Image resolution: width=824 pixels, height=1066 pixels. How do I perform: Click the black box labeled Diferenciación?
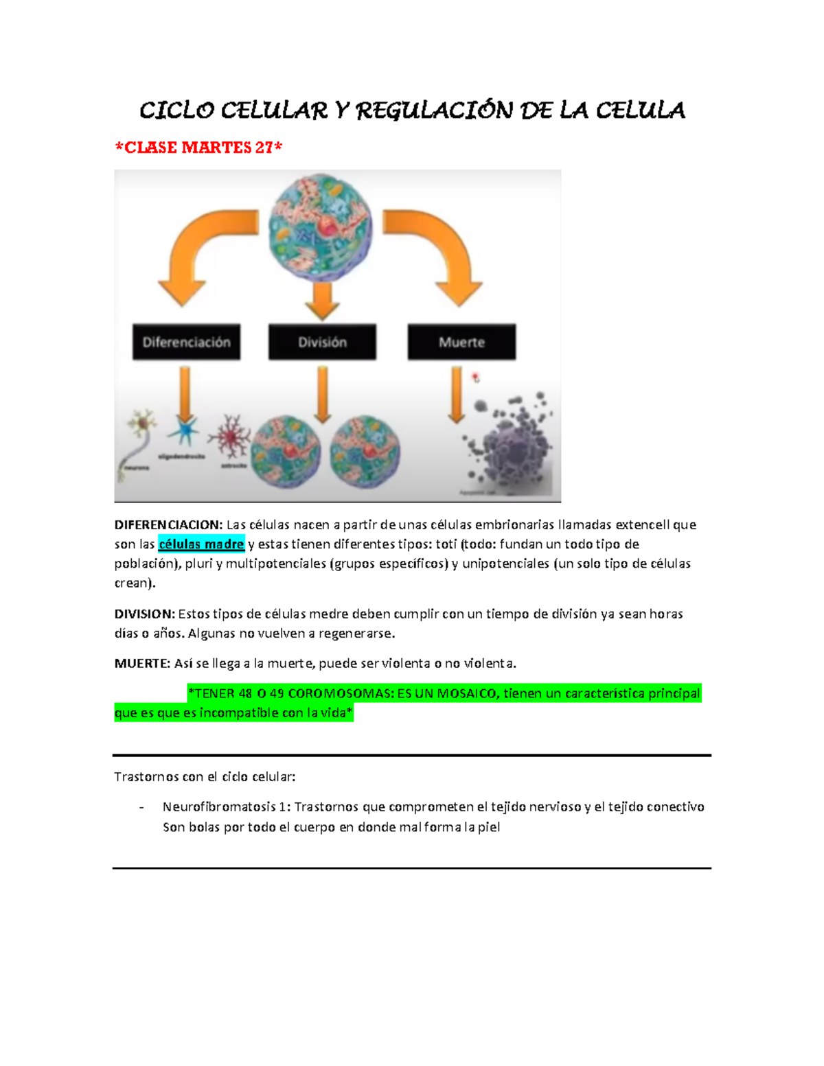(x=186, y=342)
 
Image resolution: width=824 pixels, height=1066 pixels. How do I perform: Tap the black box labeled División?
(x=322, y=342)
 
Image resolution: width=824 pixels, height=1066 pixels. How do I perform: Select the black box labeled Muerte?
(x=461, y=342)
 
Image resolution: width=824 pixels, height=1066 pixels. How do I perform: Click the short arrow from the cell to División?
(x=322, y=301)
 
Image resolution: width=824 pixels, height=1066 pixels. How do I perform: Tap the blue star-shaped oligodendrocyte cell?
(x=184, y=432)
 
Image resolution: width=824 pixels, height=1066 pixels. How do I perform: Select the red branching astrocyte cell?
(x=230, y=436)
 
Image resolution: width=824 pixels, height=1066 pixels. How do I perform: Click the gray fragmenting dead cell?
(x=512, y=446)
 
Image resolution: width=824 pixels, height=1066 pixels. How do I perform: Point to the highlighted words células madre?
(x=201, y=544)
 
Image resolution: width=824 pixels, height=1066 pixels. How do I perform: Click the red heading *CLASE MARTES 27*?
(x=198, y=148)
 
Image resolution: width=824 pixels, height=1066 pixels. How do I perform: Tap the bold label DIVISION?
(x=145, y=614)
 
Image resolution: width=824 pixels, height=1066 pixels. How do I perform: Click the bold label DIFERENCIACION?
(x=168, y=525)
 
